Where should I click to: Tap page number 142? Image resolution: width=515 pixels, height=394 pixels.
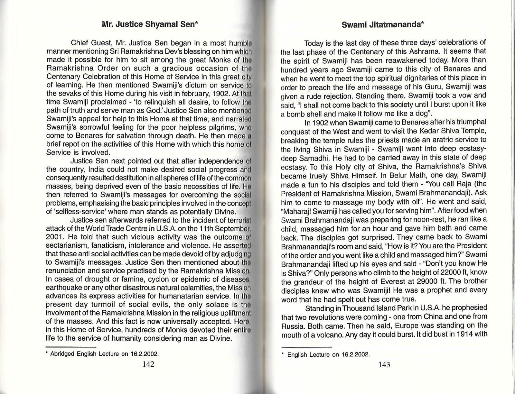(148, 364)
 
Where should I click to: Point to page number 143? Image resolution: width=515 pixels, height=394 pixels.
(384, 364)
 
